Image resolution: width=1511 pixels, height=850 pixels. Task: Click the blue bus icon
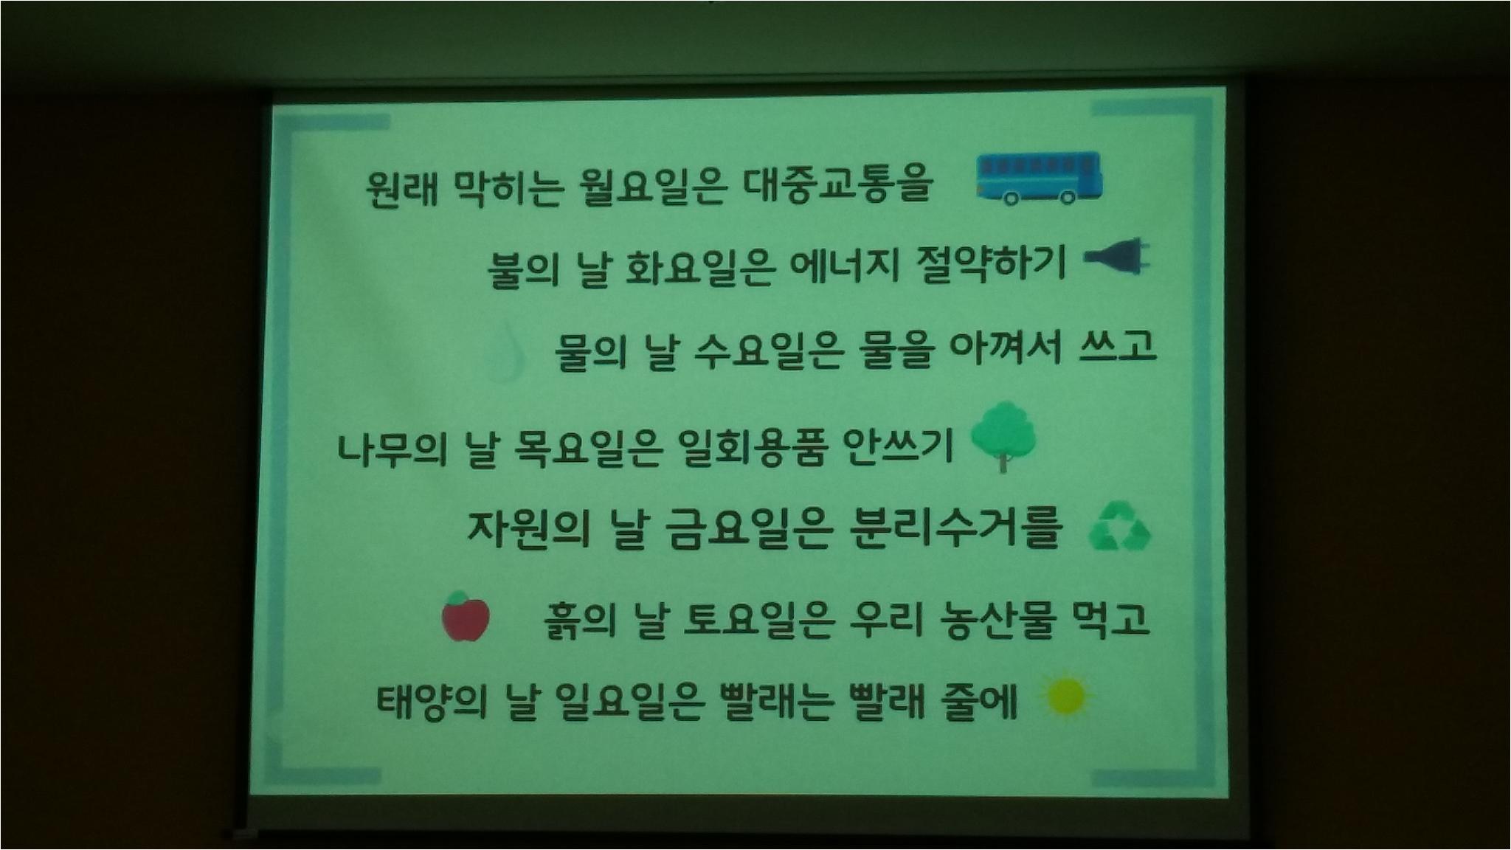(x=1039, y=178)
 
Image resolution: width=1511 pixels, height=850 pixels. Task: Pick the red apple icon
(x=466, y=615)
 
